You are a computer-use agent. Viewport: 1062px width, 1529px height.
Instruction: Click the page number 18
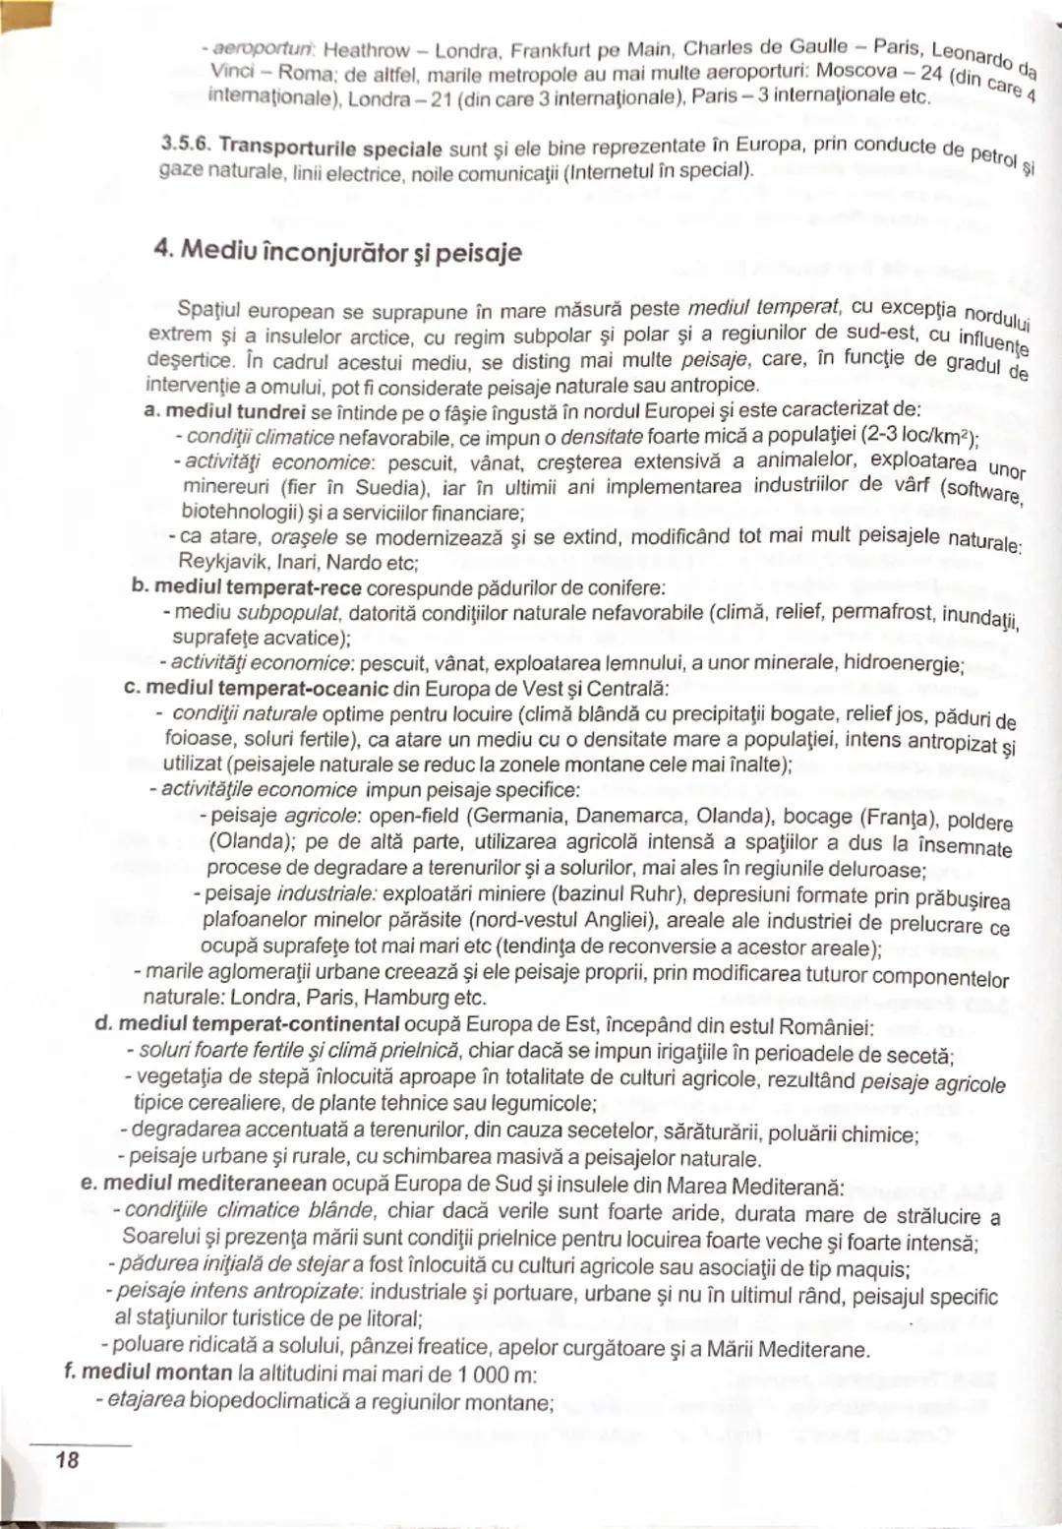(67, 1459)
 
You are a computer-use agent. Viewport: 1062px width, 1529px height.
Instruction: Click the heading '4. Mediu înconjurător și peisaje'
(337, 252)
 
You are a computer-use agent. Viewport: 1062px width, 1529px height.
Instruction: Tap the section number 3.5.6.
(186, 144)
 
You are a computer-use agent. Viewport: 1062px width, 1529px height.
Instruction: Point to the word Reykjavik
(215, 562)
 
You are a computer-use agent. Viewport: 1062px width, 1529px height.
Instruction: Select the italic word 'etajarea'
(145, 1399)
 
